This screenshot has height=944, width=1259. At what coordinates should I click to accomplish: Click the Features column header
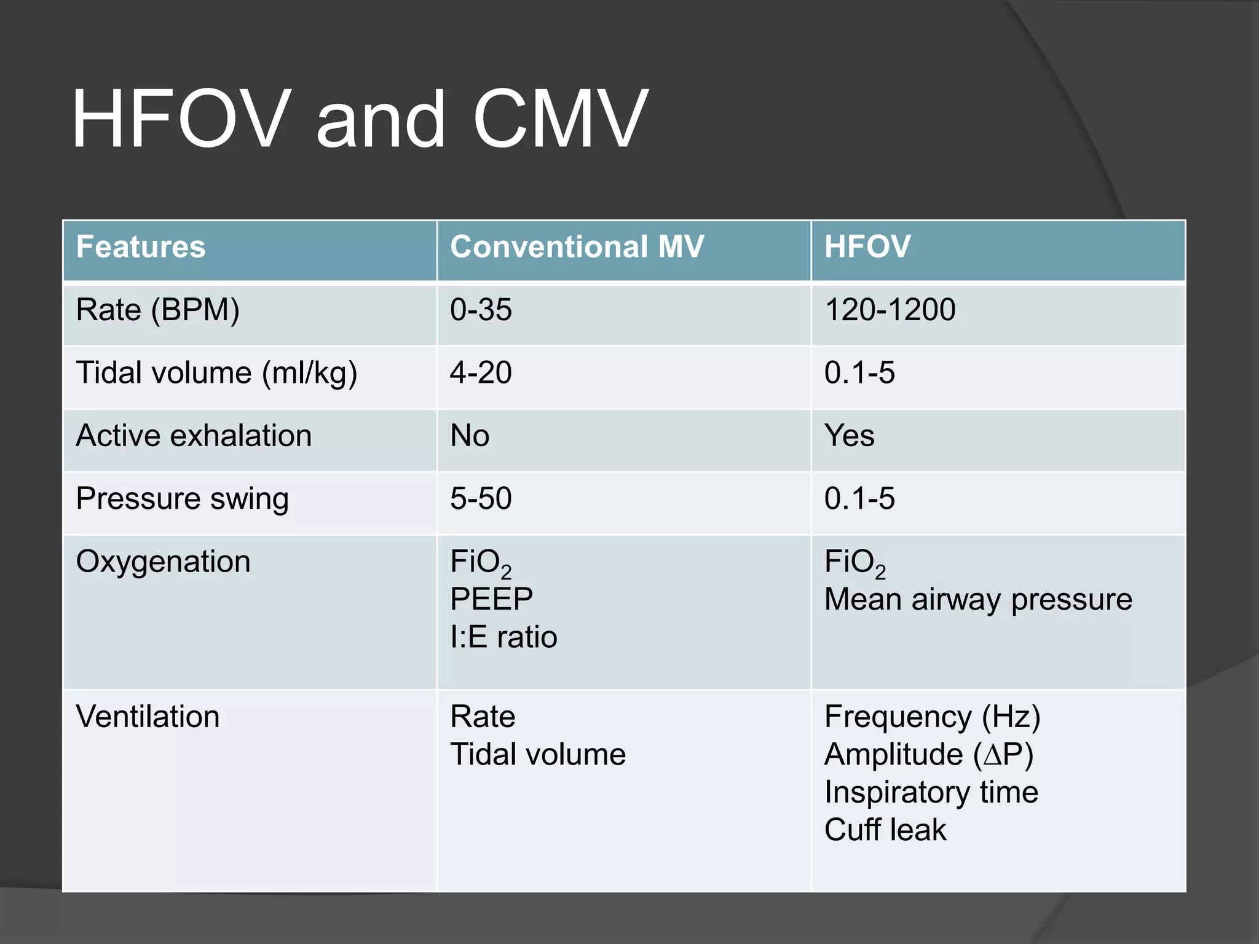[141, 246]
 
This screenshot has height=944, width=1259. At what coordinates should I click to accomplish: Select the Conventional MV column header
[577, 246]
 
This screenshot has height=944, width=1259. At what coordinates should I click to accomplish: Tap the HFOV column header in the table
[867, 246]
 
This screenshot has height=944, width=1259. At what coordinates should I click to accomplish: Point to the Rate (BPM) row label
[157, 310]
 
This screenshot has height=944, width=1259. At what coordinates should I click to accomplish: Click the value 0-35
[481, 310]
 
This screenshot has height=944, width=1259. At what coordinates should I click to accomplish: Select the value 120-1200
[890, 310]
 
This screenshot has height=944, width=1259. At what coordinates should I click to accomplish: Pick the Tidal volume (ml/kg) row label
[216, 374]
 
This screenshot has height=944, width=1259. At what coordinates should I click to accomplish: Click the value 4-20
[481, 373]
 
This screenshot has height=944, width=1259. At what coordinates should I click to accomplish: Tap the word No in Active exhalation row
[470, 436]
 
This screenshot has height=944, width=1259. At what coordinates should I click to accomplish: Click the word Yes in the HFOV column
[849, 436]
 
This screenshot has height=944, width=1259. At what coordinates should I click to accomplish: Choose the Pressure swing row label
[182, 498]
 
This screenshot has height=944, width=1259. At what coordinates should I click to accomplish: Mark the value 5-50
[481, 498]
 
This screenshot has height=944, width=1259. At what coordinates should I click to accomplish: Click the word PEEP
[491, 599]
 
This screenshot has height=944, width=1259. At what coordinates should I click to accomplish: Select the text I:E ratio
[503, 637]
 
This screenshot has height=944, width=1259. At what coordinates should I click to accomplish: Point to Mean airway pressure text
[978, 599]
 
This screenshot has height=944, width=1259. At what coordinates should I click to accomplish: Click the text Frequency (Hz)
[932, 717]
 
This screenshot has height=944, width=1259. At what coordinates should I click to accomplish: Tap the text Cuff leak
[885, 830]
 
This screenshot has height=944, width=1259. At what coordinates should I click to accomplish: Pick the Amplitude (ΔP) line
[928, 755]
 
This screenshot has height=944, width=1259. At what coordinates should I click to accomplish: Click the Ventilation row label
[148, 717]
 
